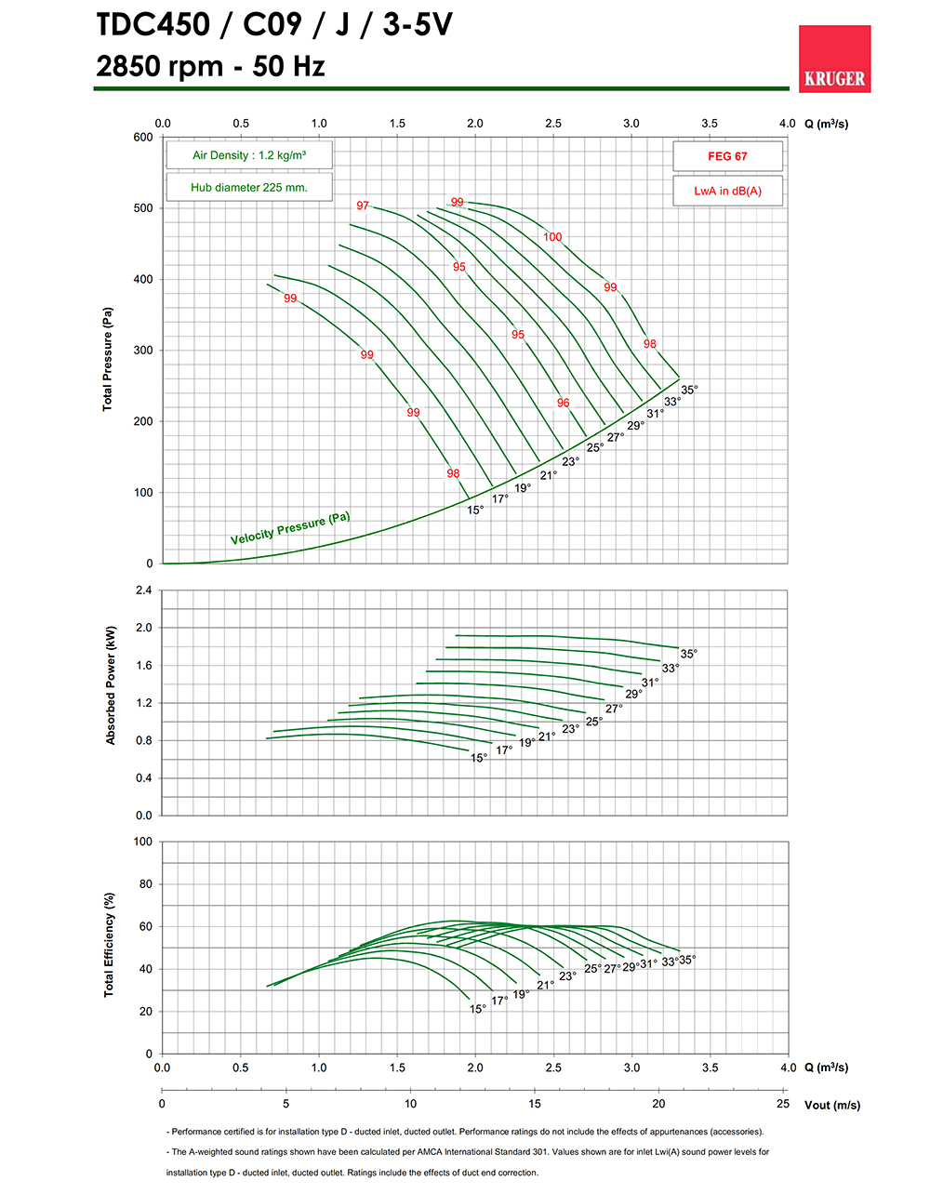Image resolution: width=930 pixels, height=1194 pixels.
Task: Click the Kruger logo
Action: [834, 59]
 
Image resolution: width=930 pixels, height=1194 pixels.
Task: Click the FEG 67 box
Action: [727, 156]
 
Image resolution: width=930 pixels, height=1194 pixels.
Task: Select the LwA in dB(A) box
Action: [727, 191]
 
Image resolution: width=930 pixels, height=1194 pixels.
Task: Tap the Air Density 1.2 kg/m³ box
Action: [248, 155]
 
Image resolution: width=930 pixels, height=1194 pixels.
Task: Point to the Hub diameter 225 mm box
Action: [248, 187]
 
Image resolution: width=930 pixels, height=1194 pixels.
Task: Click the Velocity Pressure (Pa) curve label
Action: [290, 528]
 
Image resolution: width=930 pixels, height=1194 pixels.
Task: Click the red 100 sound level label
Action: [552, 237]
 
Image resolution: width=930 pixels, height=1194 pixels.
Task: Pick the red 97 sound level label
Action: [363, 206]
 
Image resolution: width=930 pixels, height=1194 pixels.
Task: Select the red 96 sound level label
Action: [564, 403]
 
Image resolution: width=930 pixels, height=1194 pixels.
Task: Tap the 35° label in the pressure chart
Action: [689, 390]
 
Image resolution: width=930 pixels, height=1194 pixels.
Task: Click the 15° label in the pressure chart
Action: [475, 510]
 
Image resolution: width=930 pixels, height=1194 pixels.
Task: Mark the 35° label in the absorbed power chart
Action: [688, 654]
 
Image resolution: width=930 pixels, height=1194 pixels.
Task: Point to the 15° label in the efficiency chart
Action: [478, 1009]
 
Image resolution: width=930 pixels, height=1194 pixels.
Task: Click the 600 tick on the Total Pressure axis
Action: [143, 137]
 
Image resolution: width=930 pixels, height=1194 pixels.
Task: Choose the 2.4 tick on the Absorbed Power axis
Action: [143, 590]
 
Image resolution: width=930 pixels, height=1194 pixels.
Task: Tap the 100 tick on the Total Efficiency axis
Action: [143, 842]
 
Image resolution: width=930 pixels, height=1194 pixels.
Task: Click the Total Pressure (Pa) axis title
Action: [107, 359]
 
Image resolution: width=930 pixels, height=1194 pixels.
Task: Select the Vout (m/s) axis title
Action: [832, 1106]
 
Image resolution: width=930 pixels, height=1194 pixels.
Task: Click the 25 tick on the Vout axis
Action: [783, 1104]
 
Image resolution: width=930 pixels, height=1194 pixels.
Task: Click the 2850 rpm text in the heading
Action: [159, 67]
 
